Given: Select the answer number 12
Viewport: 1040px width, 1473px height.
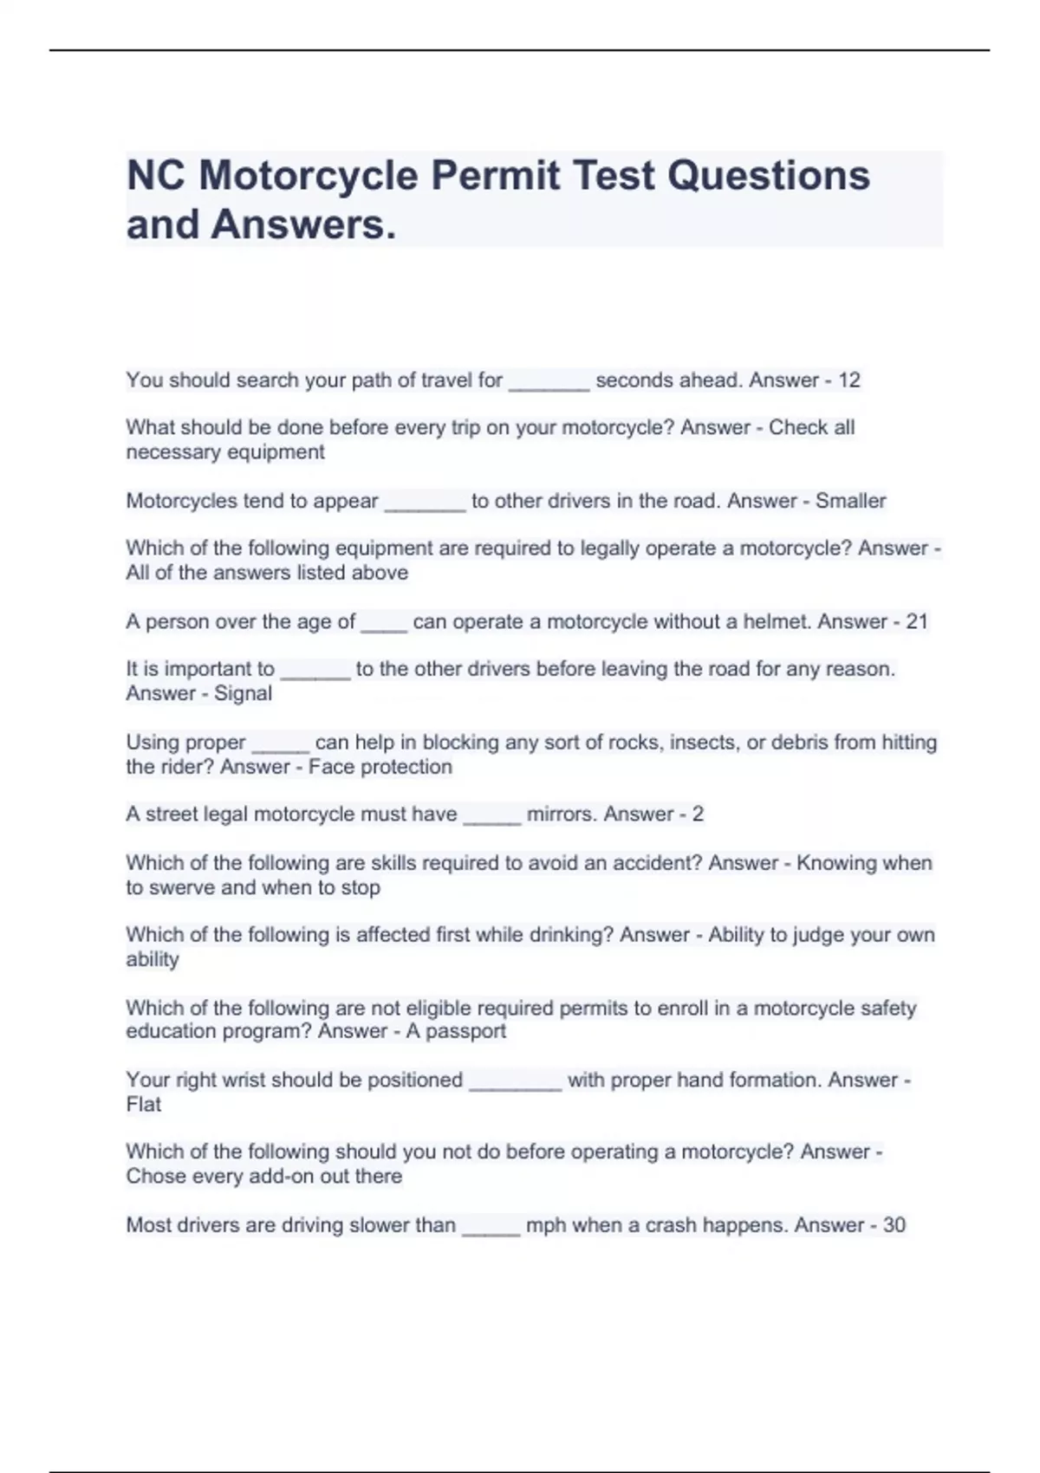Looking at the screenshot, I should coord(849,380).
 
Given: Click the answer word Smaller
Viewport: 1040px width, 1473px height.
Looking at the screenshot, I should coord(850,501).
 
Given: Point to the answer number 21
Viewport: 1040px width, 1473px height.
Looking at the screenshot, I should coord(917,621).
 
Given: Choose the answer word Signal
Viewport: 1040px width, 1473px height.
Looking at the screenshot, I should coord(244,693).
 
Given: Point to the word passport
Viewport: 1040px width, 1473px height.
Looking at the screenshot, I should coord(465,1031).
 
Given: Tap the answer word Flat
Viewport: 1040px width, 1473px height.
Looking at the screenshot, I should coord(144,1104).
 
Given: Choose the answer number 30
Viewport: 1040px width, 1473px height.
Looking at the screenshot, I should coord(894,1225).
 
